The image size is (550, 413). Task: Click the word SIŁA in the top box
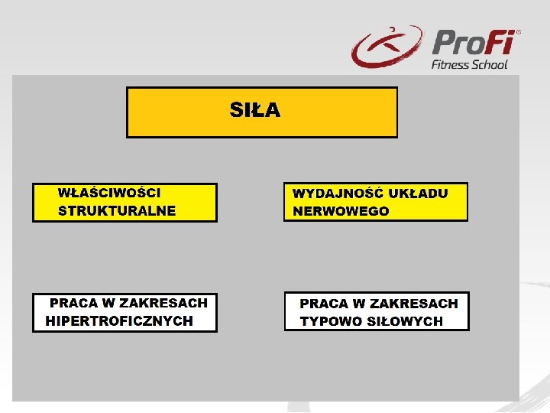tap(255, 111)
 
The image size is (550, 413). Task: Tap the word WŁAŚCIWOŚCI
tap(109, 193)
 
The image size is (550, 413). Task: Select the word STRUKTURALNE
tap(117, 210)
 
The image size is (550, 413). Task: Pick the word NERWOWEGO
tap(341, 211)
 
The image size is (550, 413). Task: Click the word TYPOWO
tap(331, 321)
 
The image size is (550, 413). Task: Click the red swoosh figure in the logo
tap(386, 47)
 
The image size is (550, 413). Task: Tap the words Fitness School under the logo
tap(469, 64)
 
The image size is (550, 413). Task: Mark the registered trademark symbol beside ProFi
tap(519, 33)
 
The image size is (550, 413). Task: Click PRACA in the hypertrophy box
tap(74, 303)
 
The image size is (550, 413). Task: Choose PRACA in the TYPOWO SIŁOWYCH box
tap(324, 304)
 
